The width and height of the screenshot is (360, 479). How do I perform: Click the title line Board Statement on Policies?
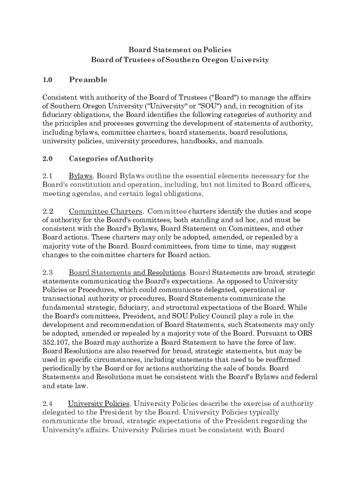tap(180, 50)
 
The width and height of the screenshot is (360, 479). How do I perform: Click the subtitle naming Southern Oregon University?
tap(180, 60)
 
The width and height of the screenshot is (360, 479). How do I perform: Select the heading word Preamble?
tap(88, 80)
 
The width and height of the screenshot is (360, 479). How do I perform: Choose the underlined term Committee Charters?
tap(106, 211)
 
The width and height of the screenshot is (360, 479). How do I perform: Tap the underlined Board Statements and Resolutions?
tap(128, 272)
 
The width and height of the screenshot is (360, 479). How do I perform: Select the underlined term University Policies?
tap(99, 404)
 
